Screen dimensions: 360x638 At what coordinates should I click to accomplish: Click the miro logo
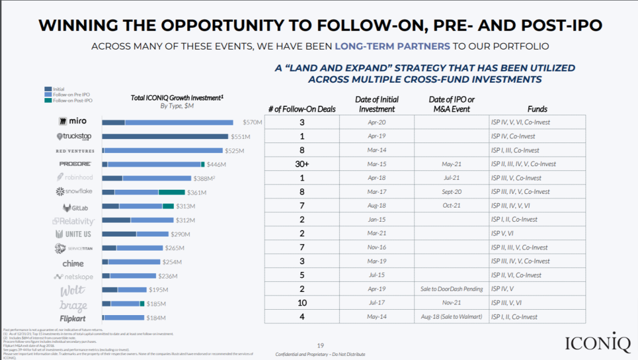click(73, 122)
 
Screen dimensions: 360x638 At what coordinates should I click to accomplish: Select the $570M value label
click(252, 122)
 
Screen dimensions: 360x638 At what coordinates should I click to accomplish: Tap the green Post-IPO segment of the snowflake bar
click(172, 192)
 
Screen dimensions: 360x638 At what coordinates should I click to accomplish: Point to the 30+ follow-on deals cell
click(302, 164)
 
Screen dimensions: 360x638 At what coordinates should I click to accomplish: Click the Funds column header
click(537, 109)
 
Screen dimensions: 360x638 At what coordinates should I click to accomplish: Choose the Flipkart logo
click(73, 319)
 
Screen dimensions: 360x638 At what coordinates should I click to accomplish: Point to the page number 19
click(321, 345)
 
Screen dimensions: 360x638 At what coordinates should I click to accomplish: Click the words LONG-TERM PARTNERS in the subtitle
click(392, 46)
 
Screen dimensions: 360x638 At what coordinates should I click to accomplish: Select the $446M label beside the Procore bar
click(216, 164)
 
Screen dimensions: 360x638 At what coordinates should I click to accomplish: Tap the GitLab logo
click(76, 207)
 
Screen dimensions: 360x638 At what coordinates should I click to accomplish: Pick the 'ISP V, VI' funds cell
click(502, 233)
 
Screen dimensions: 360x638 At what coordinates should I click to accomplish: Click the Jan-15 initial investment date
click(377, 219)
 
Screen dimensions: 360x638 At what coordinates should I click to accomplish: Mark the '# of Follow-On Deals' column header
click(302, 109)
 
